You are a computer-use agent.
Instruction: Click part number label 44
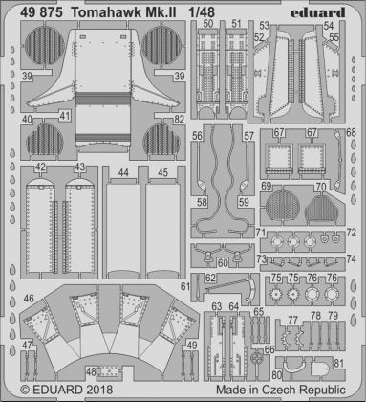[x=124, y=173]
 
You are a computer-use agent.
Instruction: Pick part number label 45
[x=163, y=173]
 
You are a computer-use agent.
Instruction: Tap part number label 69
[x=267, y=185]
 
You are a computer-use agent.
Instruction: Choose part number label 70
[x=320, y=185]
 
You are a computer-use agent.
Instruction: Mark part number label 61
[x=208, y=278]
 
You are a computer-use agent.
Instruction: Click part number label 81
[x=339, y=363]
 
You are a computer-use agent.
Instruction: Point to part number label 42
[x=39, y=168]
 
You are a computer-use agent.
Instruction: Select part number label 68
[x=351, y=133]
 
